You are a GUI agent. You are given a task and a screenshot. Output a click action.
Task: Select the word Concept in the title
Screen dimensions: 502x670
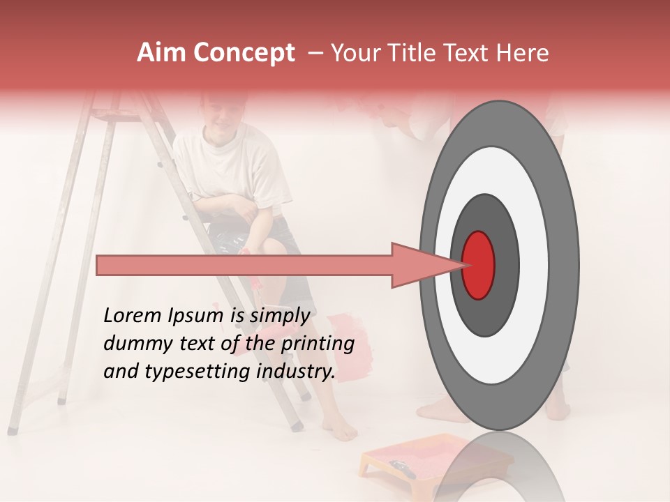pyautogui.click(x=244, y=54)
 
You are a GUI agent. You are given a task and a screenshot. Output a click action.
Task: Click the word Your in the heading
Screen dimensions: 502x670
pyautogui.click(x=354, y=53)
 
